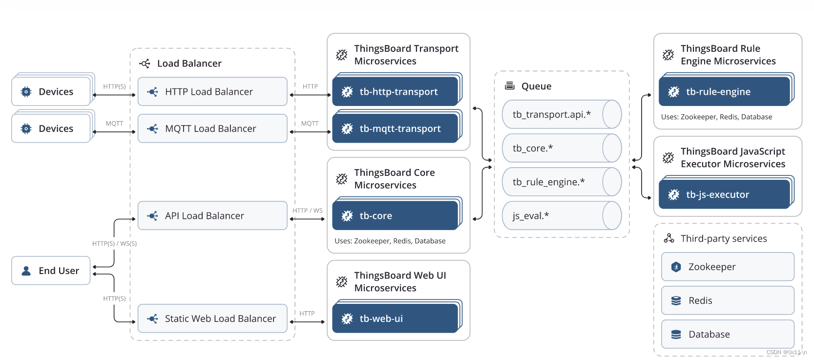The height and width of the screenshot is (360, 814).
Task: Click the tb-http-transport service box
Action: pyautogui.click(x=396, y=92)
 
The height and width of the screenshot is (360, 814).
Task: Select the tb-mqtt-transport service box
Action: pyautogui.click(x=396, y=128)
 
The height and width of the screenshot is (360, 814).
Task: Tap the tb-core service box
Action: pyautogui.click(x=396, y=216)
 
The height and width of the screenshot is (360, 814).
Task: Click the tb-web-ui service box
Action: pyautogui.click(x=396, y=318)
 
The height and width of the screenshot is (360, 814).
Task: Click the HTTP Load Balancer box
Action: pyautogui.click(x=212, y=92)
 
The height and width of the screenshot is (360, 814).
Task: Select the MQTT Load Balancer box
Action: pyautogui.click(x=212, y=128)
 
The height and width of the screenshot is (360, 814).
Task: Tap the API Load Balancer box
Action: pyautogui.click(x=212, y=216)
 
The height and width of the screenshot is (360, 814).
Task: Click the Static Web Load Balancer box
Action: pyautogui.click(x=212, y=318)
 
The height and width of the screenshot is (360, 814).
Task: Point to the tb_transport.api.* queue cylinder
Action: pyautogui.click(x=562, y=114)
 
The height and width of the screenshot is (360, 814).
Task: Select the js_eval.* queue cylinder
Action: pyautogui.click(x=562, y=215)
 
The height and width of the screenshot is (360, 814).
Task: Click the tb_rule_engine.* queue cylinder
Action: pyautogui.click(x=562, y=182)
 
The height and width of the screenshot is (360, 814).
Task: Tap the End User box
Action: pyautogui.click(x=51, y=271)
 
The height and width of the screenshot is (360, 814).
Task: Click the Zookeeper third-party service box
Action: pyautogui.click(x=728, y=267)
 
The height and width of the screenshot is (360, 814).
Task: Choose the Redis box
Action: pyautogui.click(x=728, y=300)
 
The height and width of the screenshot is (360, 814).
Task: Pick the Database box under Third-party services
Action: pyautogui.click(x=728, y=334)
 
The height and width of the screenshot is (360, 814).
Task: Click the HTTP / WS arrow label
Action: pyautogui.click(x=308, y=211)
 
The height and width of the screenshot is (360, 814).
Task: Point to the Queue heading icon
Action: pyautogui.click(x=510, y=86)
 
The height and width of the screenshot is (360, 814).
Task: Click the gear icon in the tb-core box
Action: pyautogui.click(x=347, y=216)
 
